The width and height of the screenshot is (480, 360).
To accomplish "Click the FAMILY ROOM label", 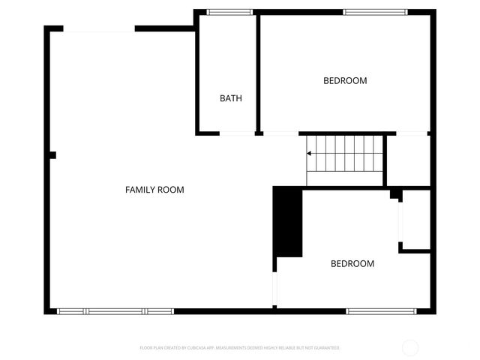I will point(154,190).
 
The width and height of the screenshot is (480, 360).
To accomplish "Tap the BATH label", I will point(230,98).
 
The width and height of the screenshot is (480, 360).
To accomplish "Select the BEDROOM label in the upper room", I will point(345,80).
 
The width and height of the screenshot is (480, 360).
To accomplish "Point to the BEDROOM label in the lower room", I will point(352,263).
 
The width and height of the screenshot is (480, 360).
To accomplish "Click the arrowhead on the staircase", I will point(310,154).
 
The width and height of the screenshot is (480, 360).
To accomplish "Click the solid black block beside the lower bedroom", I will point(287,222).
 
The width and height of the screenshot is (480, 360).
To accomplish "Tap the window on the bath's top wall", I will point(229,12).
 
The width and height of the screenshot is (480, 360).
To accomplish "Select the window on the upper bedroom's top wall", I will point(375,12).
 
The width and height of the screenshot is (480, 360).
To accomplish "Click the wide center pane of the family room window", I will point(115,310).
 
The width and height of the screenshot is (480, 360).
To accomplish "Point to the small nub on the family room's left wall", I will point(52,156).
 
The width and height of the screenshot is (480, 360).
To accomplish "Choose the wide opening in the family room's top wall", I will point(99,29).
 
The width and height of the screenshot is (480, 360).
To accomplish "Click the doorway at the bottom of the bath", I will point(237,133).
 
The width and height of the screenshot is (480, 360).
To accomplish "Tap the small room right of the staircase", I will point(407,160).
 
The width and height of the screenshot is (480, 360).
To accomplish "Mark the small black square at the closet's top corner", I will point(394,194).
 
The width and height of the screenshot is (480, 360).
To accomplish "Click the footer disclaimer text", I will point(239,348).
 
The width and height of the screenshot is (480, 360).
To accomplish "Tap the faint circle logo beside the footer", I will point(410,348).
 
